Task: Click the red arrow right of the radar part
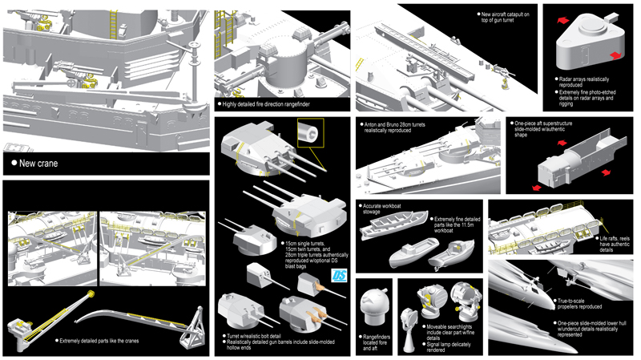click(x=615, y=55)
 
